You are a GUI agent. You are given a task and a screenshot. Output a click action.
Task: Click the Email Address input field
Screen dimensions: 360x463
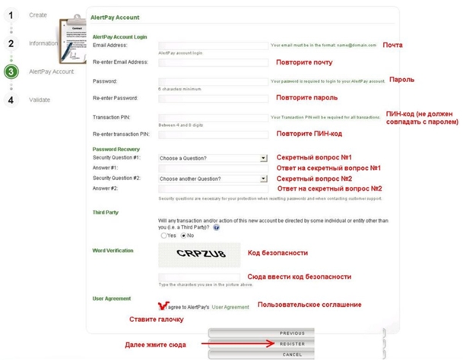pos(213,46)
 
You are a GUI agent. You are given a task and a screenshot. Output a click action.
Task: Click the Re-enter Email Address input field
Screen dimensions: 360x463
pos(213,62)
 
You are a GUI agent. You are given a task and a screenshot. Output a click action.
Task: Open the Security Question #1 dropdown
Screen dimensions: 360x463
pos(213,158)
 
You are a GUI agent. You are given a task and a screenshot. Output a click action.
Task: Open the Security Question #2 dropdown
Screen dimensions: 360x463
pos(213,178)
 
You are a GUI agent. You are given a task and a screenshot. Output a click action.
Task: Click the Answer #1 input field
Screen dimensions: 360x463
pos(213,168)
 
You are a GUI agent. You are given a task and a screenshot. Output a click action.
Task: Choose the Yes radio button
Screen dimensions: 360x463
pos(163,235)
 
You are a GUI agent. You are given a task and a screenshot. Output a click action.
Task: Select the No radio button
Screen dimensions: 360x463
pos(183,235)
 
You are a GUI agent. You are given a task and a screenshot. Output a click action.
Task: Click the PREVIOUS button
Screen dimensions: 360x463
pos(292,333)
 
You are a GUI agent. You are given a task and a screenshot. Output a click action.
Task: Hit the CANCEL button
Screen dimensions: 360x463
pos(292,355)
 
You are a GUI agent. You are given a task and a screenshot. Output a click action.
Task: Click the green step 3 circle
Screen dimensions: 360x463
pos(11,72)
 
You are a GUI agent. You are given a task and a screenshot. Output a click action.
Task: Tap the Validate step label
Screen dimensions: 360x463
pos(40,99)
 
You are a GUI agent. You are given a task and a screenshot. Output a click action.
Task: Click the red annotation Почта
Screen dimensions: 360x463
pos(392,46)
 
